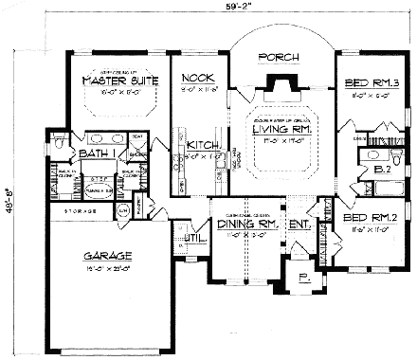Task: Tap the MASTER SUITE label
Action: [x=117, y=81]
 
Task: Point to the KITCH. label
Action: [x=203, y=145]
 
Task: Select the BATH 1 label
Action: [x=98, y=152]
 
